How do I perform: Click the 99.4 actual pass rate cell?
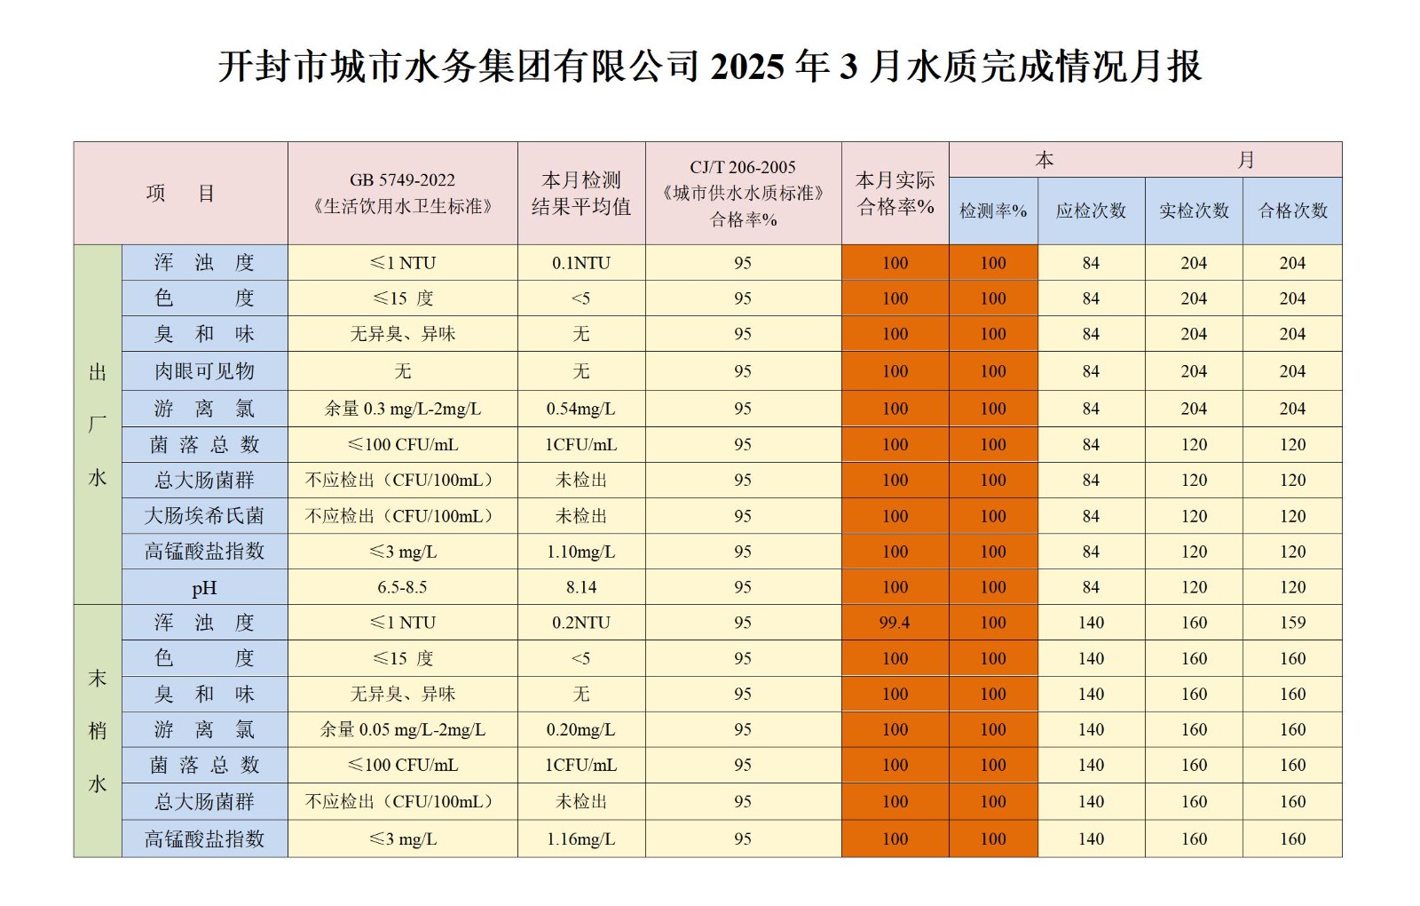click(x=895, y=623)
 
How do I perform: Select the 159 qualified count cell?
click(x=1292, y=623)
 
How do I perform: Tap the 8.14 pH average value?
click(x=581, y=587)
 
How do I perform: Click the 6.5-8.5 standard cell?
click(x=402, y=587)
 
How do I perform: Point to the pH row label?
click(x=204, y=588)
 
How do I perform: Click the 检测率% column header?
click(x=993, y=211)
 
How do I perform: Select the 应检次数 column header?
click(x=1091, y=211)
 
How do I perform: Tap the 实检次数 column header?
click(x=1194, y=211)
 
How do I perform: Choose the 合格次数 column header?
click(x=1292, y=211)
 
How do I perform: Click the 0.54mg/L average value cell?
click(x=581, y=409)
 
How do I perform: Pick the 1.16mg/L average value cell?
click(x=581, y=838)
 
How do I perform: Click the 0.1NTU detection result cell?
click(x=581, y=263)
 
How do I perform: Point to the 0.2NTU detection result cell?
click(x=581, y=623)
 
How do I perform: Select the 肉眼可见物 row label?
click(x=204, y=371)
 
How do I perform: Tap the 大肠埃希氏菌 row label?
click(x=204, y=516)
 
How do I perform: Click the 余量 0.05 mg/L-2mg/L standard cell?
click(x=402, y=729)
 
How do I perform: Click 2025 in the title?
click(x=747, y=67)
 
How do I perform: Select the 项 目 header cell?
click(x=180, y=194)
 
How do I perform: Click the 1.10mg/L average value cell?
click(x=581, y=552)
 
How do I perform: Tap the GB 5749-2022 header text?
click(x=402, y=180)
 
